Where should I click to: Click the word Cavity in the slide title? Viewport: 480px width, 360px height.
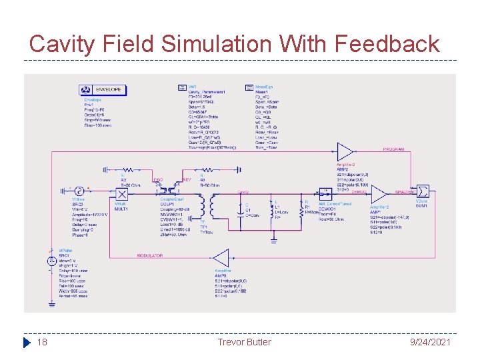tap(64, 45)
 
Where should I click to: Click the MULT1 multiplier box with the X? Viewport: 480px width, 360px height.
tap(122, 193)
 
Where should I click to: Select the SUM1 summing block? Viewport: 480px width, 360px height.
tap(423, 192)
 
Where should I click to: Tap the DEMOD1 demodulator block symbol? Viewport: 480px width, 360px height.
tap(326, 193)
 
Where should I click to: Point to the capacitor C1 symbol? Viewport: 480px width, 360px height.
tap(246, 205)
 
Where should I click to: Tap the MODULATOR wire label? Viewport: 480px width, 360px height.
tap(150, 256)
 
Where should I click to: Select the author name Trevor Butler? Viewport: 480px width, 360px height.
tap(244, 342)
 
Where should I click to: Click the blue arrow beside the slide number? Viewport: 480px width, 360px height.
tap(27, 343)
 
